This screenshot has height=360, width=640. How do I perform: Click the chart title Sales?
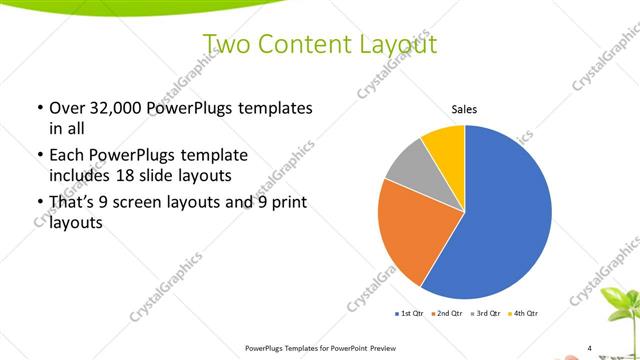(464, 108)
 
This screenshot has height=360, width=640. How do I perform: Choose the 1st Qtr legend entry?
(410, 314)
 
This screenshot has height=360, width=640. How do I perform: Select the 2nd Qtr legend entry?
(449, 314)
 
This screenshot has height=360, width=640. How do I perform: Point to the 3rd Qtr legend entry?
(487, 314)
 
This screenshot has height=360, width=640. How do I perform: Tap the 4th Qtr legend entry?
(526, 314)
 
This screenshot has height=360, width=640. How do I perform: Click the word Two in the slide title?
(224, 44)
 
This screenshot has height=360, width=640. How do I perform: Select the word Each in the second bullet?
(67, 156)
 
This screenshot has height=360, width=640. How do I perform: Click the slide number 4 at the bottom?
(589, 348)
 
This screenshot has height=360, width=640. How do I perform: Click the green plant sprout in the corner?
(620, 310)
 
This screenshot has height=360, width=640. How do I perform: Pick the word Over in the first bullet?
(68, 108)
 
